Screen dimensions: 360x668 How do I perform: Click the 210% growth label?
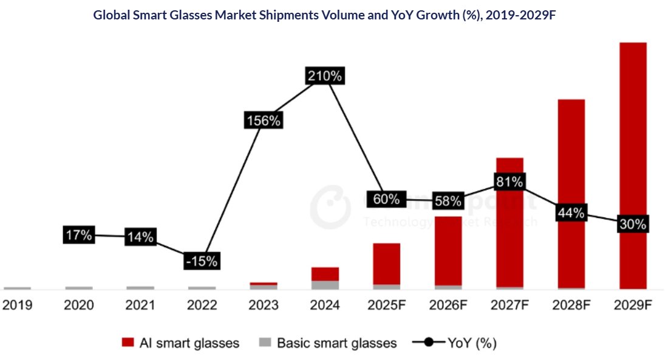coord(325,76)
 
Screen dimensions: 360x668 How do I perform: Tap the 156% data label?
coord(263,120)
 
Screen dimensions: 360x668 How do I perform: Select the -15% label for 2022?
coord(201,261)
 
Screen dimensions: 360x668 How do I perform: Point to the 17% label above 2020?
coord(79,235)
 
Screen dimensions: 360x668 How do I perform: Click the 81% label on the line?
coord(510,181)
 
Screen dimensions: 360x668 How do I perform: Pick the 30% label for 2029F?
coord(633,224)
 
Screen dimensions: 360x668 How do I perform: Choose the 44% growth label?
coord(571,213)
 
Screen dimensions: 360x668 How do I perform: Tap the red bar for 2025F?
coord(386,263)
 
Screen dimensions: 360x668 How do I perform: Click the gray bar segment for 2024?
coord(325,285)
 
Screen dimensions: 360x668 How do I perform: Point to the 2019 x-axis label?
coord(17,305)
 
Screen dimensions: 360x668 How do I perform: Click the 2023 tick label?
coord(263,305)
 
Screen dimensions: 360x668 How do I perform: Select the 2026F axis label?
coord(448,305)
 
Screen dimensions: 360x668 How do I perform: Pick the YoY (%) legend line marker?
coord(429,343)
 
